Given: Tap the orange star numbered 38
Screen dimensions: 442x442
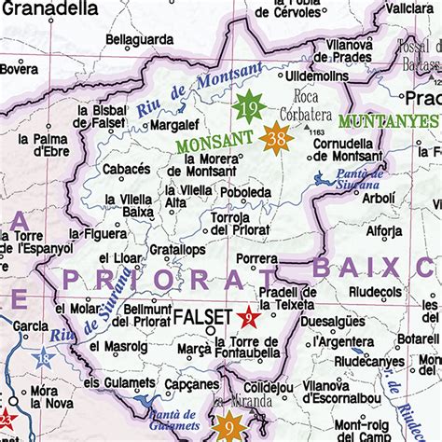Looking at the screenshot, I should tap(276, 139).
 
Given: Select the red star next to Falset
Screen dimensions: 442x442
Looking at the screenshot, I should tap(248, 316).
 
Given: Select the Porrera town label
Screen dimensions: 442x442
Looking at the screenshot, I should tap(258, 258).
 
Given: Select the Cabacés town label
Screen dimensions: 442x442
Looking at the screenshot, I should tap(127, 170).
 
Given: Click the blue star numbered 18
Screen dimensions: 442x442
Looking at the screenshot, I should tap(43, 356).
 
